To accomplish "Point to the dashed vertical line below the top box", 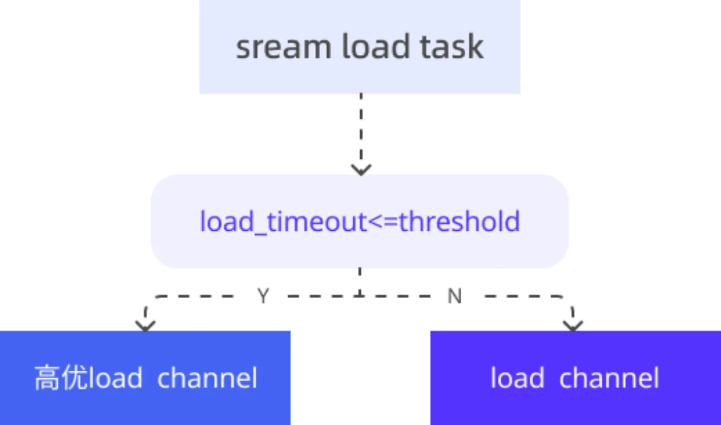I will (x=361, y=127).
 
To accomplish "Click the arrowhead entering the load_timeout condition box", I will (x=361, y=167).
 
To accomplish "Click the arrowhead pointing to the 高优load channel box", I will (x=145, y=322).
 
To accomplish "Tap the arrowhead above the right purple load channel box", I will (x=572, y=322).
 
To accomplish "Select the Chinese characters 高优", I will (x=60, y=378).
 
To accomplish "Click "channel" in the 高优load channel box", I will (x=207, y=378).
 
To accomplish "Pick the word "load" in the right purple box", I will (x=517, y=378).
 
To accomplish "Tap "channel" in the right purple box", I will (x=609, y=378).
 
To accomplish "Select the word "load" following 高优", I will (x=115, y=378).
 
